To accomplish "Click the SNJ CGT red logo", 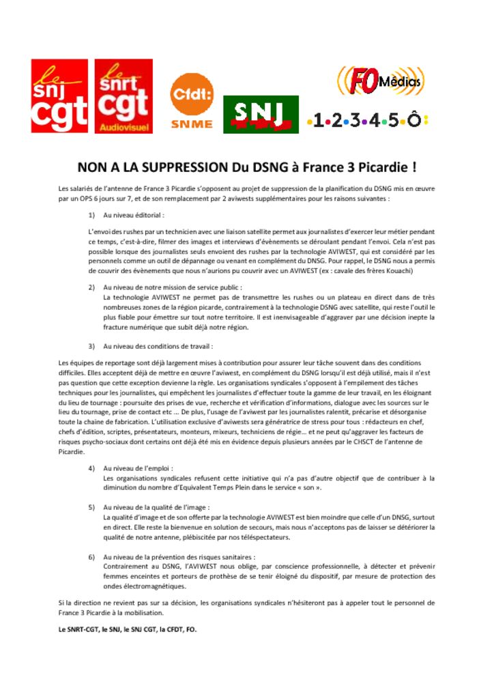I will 59,96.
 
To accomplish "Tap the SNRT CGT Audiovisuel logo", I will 123,96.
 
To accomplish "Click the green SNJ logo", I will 261,114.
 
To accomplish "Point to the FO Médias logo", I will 380,81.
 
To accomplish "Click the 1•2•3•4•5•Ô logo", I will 367,122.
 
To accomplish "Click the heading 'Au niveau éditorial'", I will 134,215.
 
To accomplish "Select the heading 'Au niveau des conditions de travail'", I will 158,346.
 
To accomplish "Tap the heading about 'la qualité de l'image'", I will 156,508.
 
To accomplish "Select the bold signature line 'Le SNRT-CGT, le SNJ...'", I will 128,629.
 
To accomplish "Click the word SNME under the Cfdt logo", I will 192,124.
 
